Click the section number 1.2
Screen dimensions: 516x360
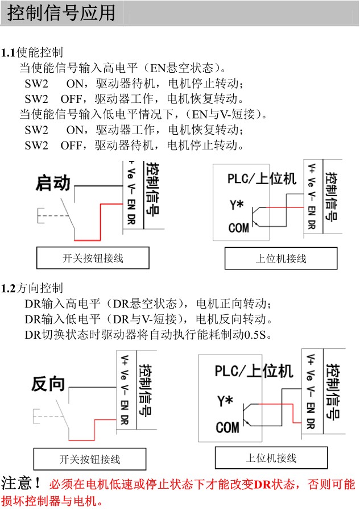pyautogui.click(x=9, y=288)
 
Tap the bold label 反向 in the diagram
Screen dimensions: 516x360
pyautogui.click(x=48, y=384)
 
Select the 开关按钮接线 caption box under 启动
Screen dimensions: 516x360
pyautogui.click(x=93, y=258)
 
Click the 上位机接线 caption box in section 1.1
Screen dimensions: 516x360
pyautogui.click(x=280, y=258)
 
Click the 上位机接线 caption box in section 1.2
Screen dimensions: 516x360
pyautogui.click(x=271, y=457)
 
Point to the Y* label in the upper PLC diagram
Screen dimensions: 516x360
pyautogui.click(x=238, y=204)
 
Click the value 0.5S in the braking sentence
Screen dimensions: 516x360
pyautogui.click(x=255, y=334)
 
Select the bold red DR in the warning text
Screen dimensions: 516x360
pyautogui.click(x=262, y=485)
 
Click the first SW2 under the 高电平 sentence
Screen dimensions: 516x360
pyautogui.click(x=36, y=84)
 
